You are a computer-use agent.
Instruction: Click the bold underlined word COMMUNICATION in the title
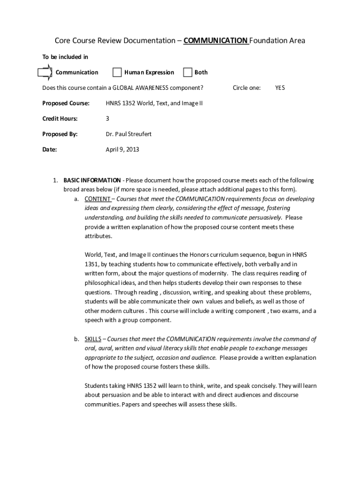[216, 41]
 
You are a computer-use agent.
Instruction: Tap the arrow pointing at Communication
[45, 72]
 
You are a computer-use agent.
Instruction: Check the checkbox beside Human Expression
[117, 72]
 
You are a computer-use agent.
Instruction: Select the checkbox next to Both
[187, 72]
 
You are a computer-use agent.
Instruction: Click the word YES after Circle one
[280, 87]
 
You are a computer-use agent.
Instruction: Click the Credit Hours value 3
[108, 118]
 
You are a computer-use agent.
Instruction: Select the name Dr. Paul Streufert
[129, 134]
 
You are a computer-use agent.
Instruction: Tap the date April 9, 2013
[122, 150]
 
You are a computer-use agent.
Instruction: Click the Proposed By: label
[60, 134]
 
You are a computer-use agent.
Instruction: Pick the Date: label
[50, 150]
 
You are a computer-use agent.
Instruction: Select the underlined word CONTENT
[97, 199]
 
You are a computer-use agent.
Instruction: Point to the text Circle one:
[246, 87]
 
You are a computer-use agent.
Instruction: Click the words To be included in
[65, 57]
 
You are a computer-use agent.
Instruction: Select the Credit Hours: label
[60, 118]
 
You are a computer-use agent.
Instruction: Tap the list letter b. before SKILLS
[76, 339]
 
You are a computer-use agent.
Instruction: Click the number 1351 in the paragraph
[91, 264]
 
